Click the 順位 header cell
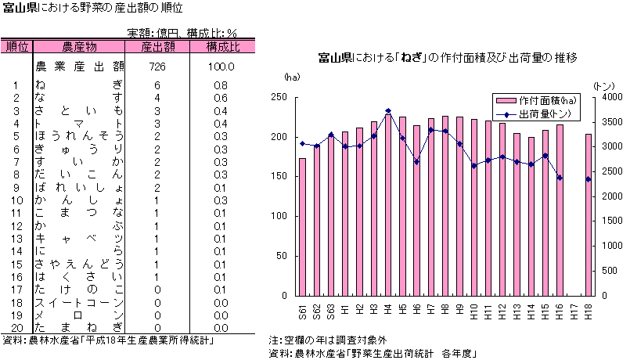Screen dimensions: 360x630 (17, 47)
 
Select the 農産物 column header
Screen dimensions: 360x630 (79, 47)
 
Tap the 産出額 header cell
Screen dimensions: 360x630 (157, 47)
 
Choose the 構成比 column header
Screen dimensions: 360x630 (222, 47)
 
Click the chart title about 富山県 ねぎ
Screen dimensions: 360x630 (448, 59)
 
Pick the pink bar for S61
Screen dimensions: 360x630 (303, 227)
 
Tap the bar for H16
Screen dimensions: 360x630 (560, 211)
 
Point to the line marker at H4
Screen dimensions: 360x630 (388, 111)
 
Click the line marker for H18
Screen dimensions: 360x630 (589, 179)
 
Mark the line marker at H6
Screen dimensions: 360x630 (417, 161)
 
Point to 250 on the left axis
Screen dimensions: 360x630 (279, 97)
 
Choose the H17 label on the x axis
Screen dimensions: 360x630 (574, 311)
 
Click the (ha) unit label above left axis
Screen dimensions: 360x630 (291, 77)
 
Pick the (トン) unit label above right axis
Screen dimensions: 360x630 (603, 85)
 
